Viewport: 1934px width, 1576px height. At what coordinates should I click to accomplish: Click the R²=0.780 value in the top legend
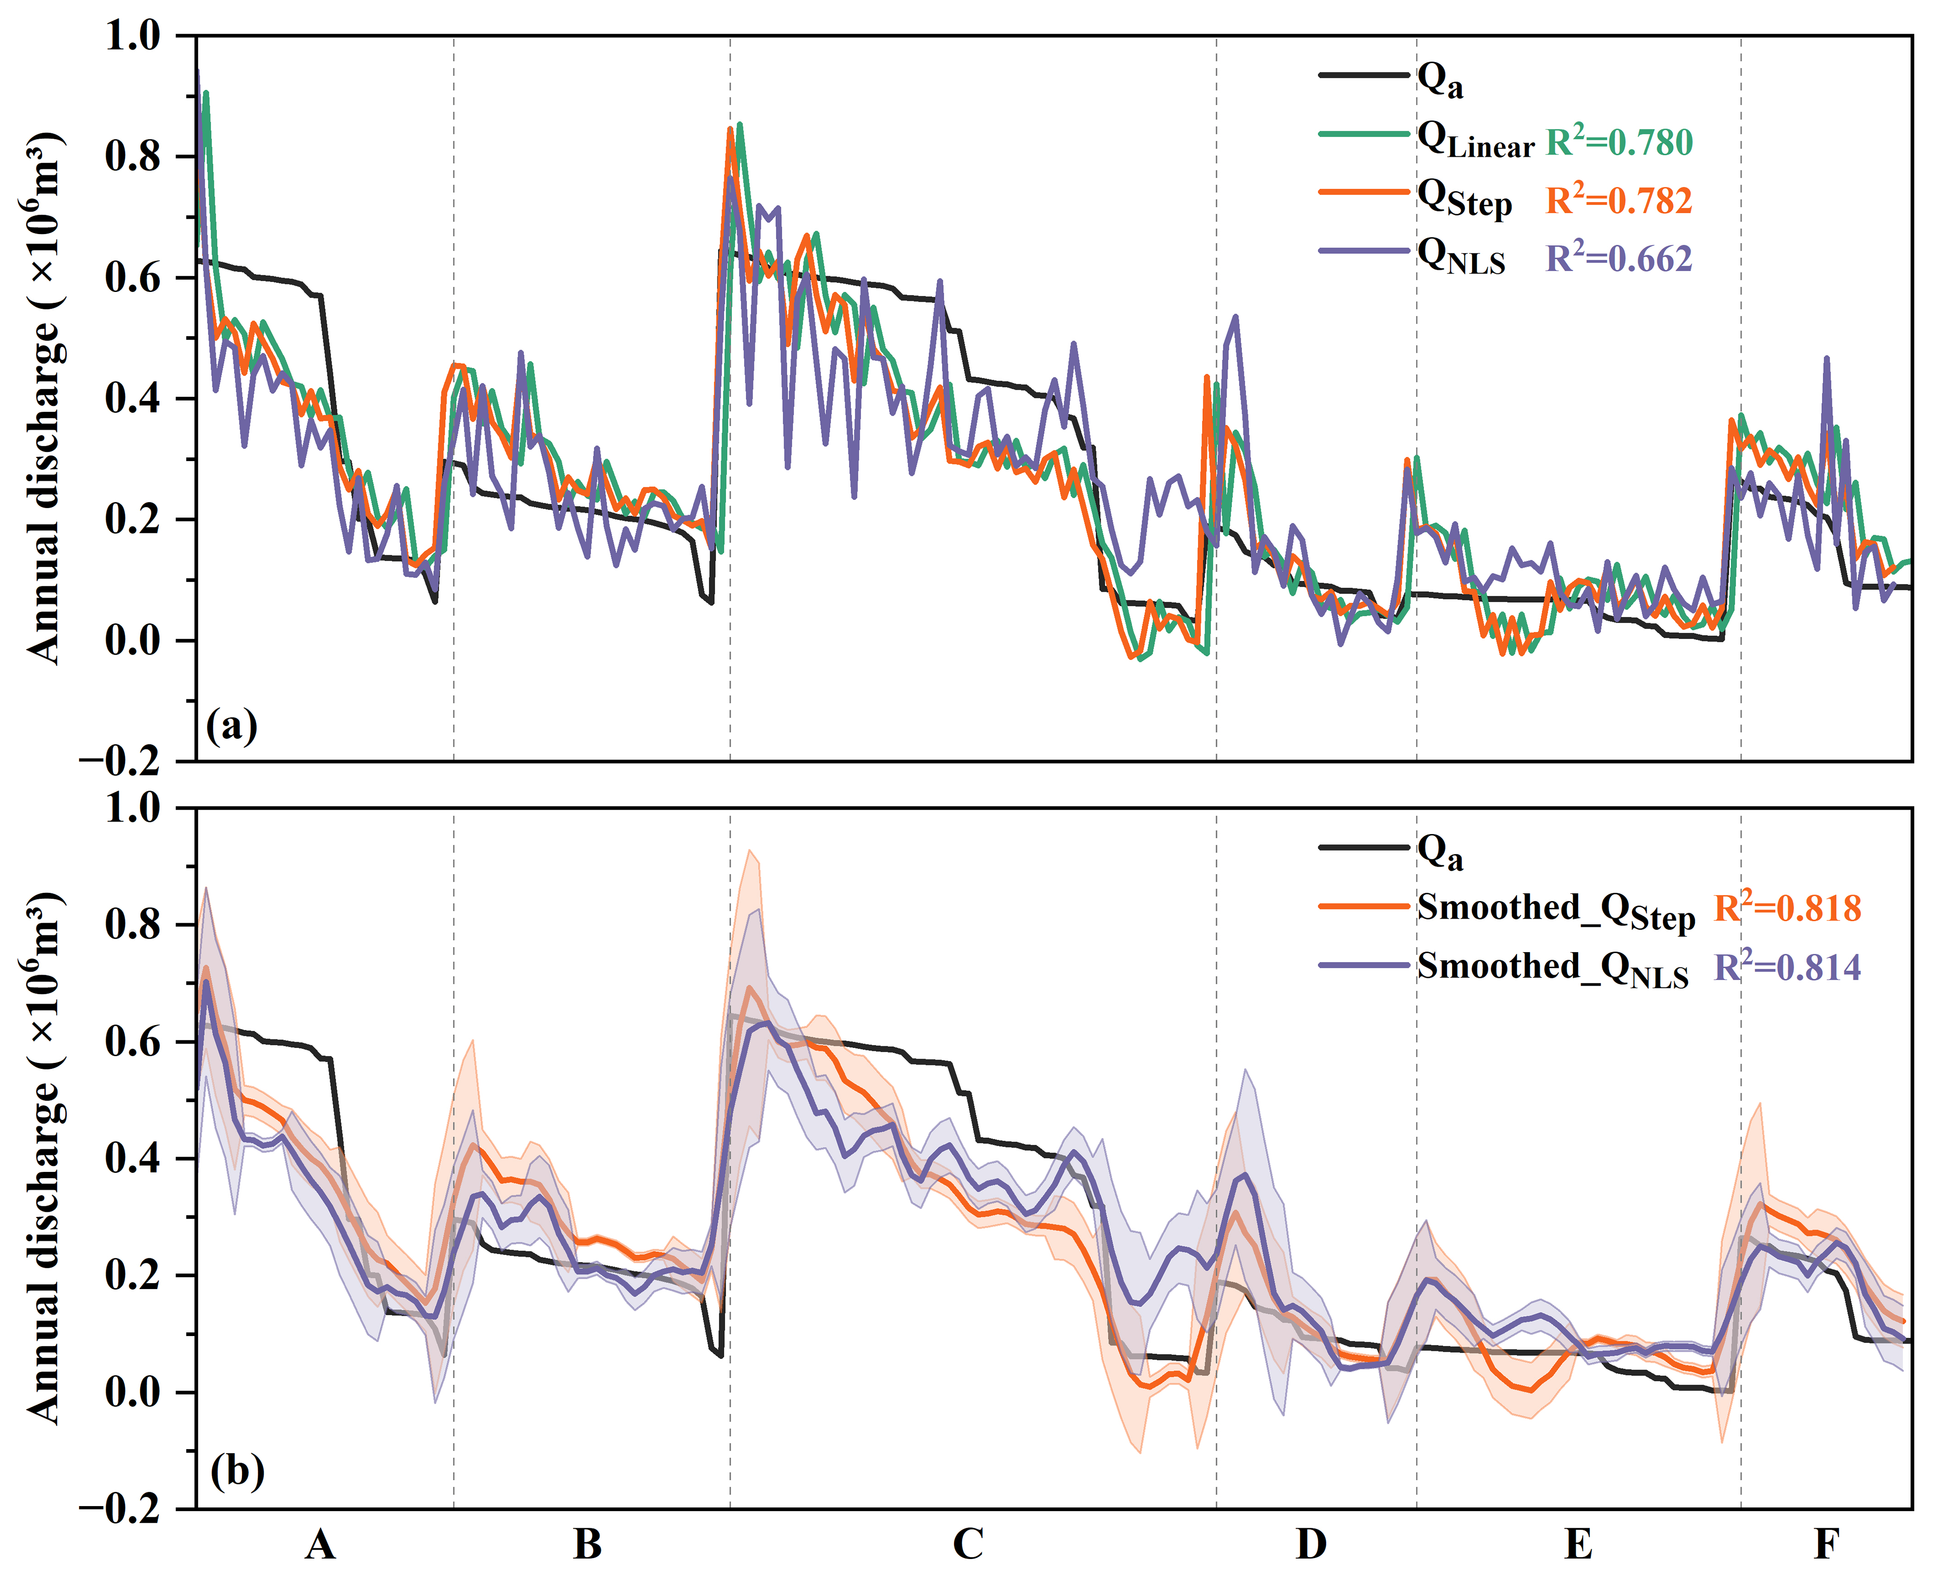[1619, 143]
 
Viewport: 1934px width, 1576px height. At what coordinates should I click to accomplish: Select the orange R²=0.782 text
[1619, 200]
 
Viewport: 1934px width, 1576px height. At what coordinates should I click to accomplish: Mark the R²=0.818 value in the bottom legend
[1787, 908]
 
